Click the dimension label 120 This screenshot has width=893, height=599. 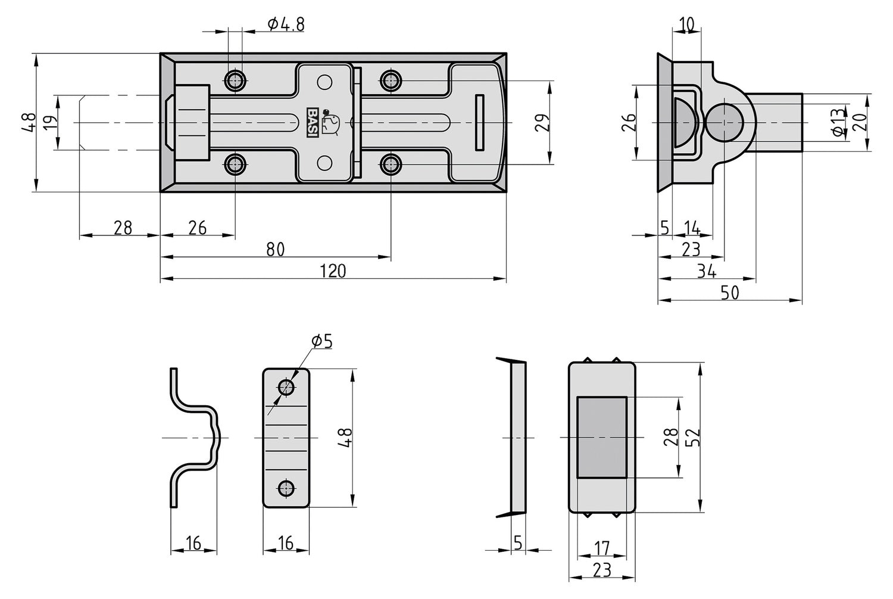point(333,271)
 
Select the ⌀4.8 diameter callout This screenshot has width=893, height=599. point(286,24)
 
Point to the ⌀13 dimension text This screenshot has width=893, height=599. point(838,123)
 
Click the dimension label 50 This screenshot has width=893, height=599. point(730,293)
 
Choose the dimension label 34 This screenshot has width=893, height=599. point(706,271)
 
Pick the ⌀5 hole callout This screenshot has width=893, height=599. point(321,341)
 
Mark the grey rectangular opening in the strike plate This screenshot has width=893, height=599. point(602,437)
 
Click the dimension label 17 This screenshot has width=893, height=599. point(602,547)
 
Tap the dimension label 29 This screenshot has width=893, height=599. point(542,122)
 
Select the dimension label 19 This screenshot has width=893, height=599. point(51,123)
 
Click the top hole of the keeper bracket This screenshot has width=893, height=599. point(286,388)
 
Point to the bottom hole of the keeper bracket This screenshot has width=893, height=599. point(286,488)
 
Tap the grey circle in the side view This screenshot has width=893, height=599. point(724,123)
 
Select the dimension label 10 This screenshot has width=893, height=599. point(686,24)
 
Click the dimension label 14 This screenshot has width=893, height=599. point(692,228)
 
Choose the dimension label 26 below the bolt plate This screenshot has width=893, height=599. point(197,228)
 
